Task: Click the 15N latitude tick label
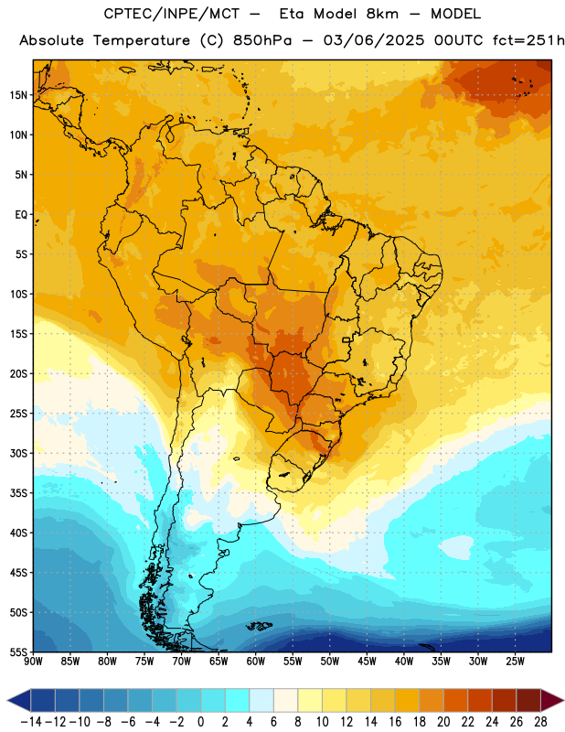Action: tap(18, 95)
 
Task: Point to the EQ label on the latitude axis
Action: tap(21, 215)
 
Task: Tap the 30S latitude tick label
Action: tap(18, 453)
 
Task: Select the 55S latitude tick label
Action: tap(18, 651)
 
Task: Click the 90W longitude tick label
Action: tap(33, 661)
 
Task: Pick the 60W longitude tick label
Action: tap(256, 661)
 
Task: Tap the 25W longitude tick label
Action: tap(515, 661)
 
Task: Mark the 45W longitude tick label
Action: tap(367, 661)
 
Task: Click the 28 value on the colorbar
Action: tap(540, 722)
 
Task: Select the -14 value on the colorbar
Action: tap(31, 722)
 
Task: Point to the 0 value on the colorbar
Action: tap(200, 722)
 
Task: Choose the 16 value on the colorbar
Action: tap(395, 722)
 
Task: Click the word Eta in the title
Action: tap(292, 14)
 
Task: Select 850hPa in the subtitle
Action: tap(262, 40)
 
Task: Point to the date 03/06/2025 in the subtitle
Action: tap(374, 40)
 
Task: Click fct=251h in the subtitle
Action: tap(528, 40)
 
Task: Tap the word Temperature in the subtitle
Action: tap(142, 41)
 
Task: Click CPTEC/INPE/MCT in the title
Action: tap(171, 14)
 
